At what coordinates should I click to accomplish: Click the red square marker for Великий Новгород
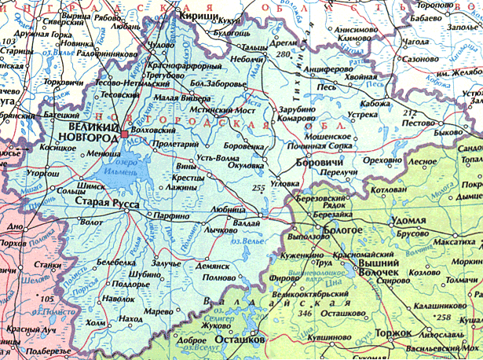pos(123,135)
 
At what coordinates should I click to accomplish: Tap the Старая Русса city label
pos(107,204)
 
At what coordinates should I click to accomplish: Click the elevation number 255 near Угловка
pos(260,187)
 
